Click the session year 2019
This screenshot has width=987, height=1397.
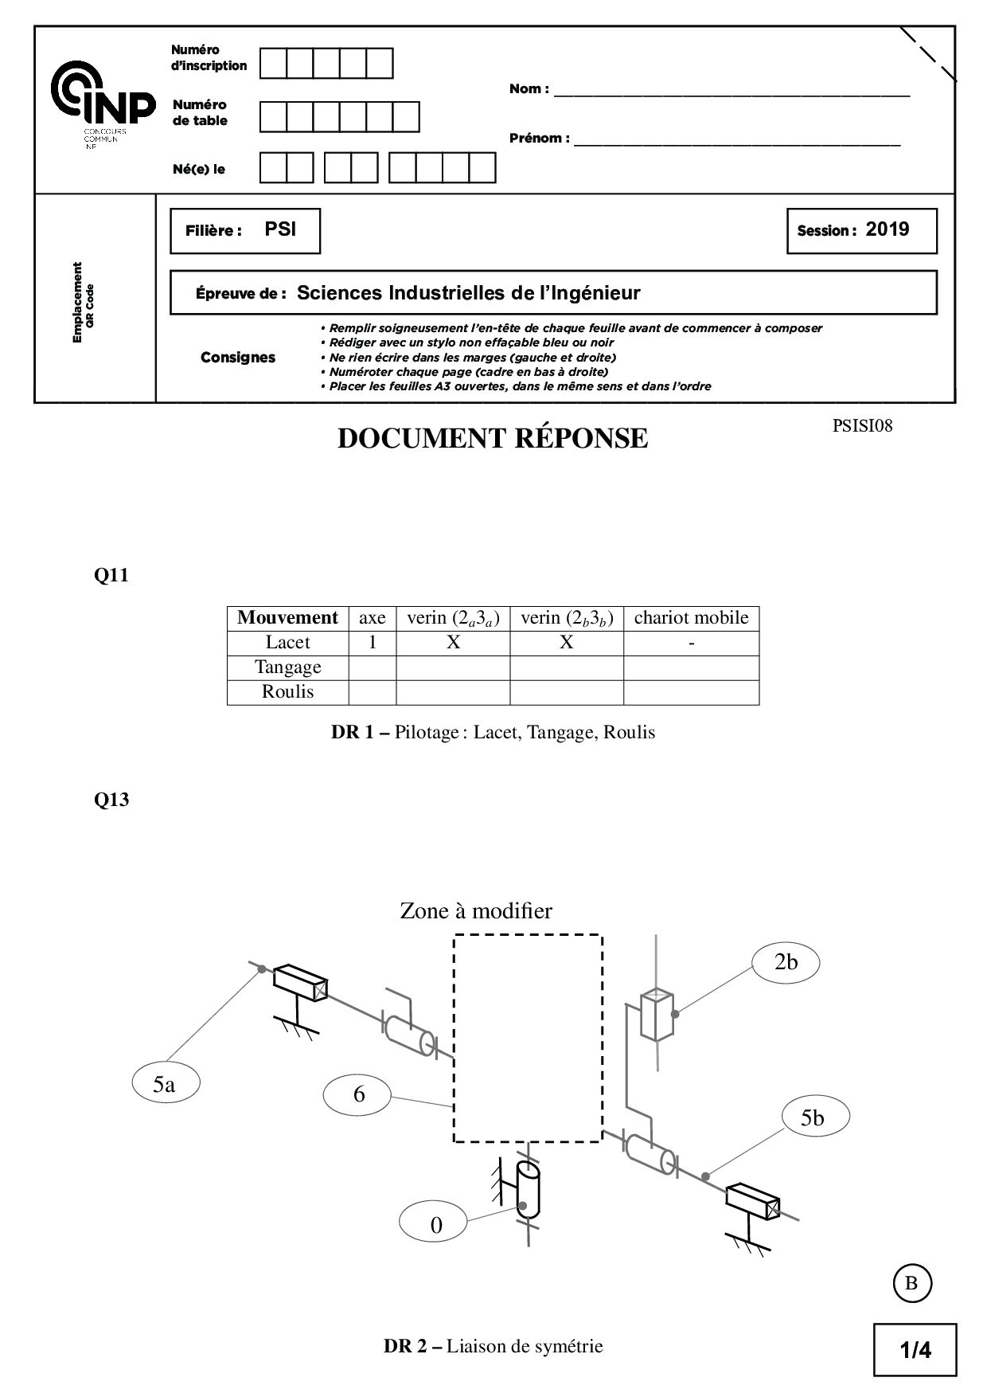[887, 229]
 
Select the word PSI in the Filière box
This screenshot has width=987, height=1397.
[280, 229]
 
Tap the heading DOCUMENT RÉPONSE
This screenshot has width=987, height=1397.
[493, 439]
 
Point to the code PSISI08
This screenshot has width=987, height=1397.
[862, 426]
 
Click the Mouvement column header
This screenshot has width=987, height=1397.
[287, 618]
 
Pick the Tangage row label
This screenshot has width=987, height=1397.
[287, 667]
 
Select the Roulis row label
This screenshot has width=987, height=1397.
[287, 692]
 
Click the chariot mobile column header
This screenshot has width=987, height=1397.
[691, 618]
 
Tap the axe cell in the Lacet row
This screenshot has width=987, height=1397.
[372, 643]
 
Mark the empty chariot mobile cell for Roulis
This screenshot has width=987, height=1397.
[691, 692]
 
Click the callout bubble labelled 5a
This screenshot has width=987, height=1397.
[165, 1084]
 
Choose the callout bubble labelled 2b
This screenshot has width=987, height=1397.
[786, 962]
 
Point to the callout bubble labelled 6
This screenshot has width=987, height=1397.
[358, 1094]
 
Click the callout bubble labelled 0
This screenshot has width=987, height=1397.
[435, 1225]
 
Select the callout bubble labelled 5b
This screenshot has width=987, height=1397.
[812, 1118]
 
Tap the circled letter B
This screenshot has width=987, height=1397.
[911, 1283]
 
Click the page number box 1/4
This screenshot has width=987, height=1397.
[915, 1349]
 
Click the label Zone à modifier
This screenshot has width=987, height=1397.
[476, 910]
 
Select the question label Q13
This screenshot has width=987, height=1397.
[111, 800]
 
